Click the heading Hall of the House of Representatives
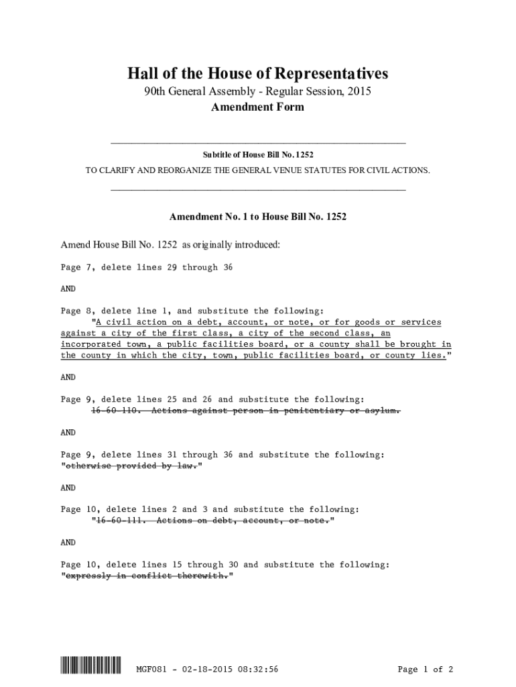(258, 73)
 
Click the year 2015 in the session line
(358, 91)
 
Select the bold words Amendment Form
(258, 107)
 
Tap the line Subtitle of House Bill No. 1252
(258, 155)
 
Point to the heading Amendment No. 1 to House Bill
(258, 217)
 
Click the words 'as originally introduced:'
(229, 245)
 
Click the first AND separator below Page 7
(68, 288)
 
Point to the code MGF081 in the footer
(151, 669)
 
